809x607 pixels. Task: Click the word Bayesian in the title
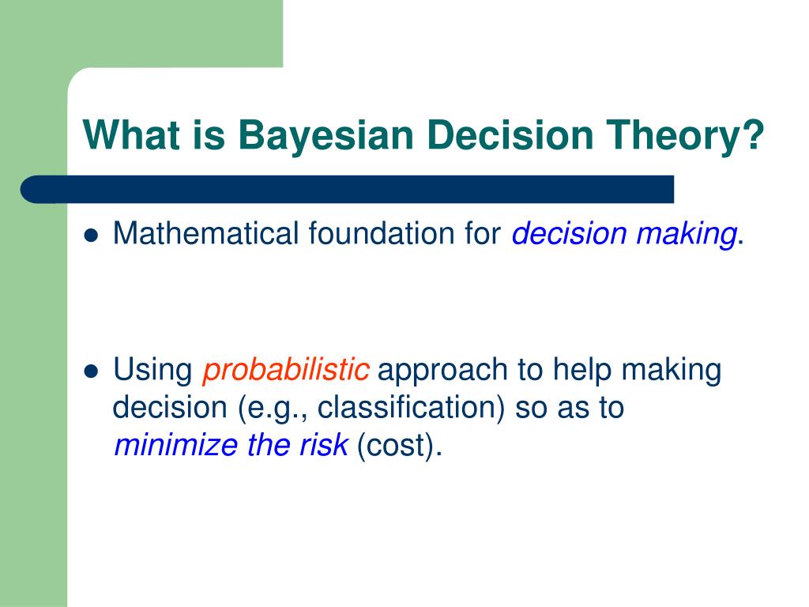(x=326, y=134)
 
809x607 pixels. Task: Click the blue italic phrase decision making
(x=624, y=235)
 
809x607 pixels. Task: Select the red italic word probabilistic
(x=286, y=370)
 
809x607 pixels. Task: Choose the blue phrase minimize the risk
(x=231, y=446)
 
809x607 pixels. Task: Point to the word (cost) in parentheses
(x=396, y=446)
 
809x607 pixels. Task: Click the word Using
(x=153, y=370)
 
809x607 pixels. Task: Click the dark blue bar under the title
(x=348, y=189)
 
